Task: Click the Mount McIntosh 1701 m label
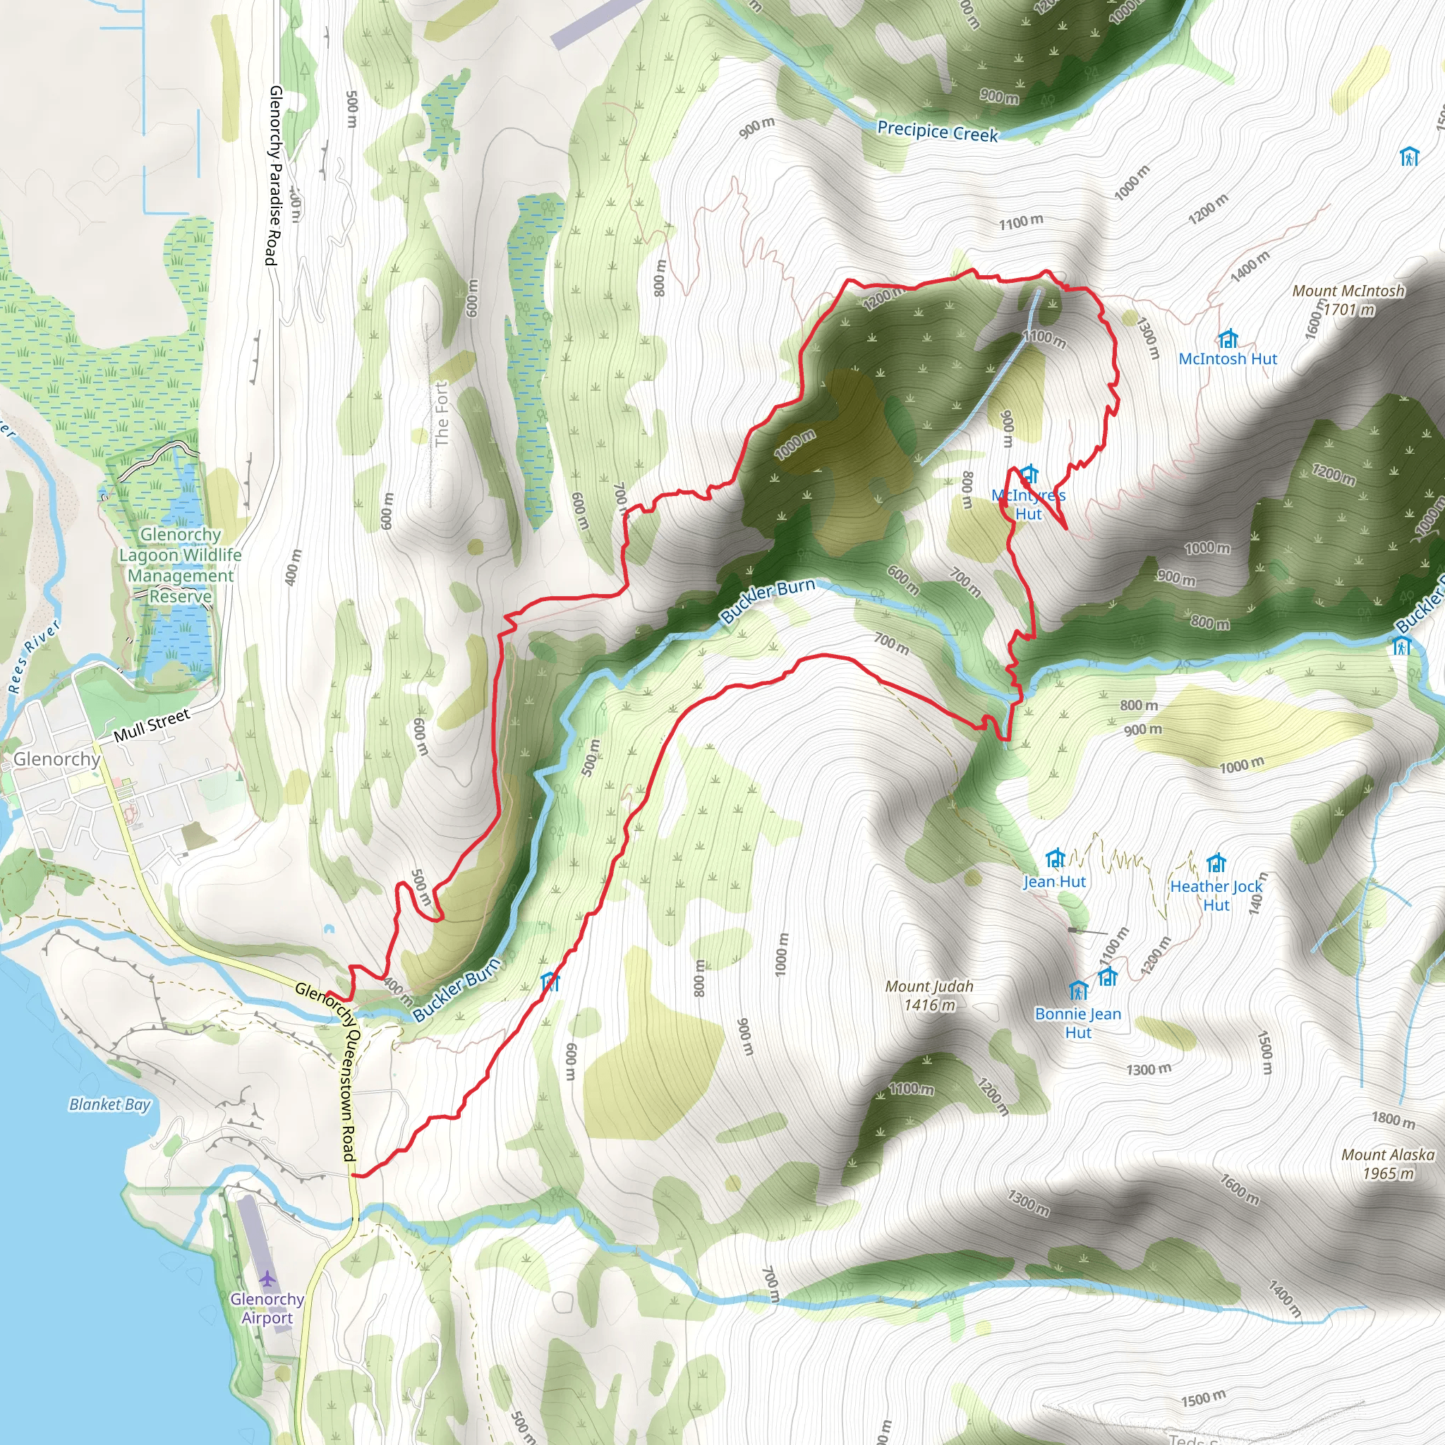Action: tap(1348, 300)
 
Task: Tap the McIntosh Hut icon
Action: tap(1228, 339)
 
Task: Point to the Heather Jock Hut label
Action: tap(1216, 895)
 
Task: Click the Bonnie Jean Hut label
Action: tap(1078, 1023)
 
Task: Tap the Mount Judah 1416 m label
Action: tap(929, 996)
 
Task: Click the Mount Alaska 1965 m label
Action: tap(1387, 1163)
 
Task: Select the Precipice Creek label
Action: tap(937, 132)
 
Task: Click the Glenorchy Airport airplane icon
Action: tap(267, 1278)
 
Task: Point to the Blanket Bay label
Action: tap(110, 1105)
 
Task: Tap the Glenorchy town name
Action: tap(57, 759)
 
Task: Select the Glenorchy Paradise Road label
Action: tap(274, 175)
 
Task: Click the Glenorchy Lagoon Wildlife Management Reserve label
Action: tap(180, 565)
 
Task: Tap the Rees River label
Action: tap(34, 657)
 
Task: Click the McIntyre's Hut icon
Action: tap(1029, 473)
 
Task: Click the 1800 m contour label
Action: tap(1393, 1120)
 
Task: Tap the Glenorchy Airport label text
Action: tap(267, 1308)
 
